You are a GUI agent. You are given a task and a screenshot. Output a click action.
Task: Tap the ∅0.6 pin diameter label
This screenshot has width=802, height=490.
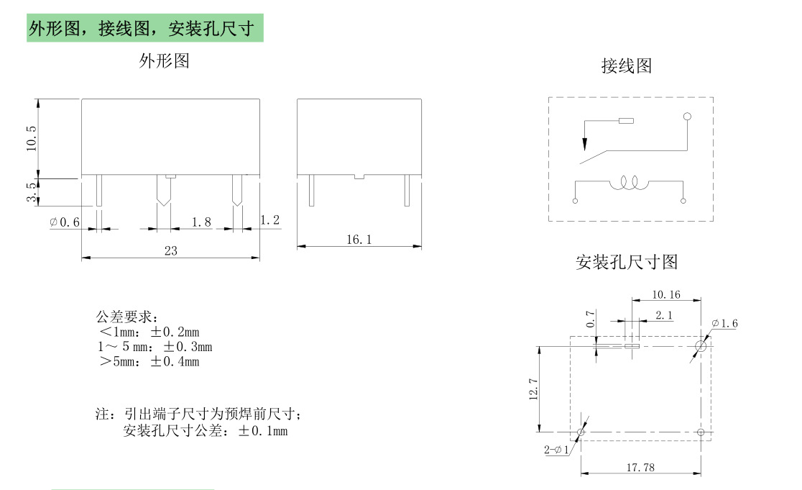[x=65, y=222]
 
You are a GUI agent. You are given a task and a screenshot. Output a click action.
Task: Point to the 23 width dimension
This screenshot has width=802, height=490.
[x=170, y=250]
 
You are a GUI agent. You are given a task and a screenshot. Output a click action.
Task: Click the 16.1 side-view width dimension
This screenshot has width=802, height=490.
[x=359, y=240]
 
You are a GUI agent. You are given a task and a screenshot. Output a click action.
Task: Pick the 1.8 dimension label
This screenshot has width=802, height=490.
[x=202, y=222]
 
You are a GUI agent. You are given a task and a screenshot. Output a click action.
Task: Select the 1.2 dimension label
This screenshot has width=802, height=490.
[x=269, y=220]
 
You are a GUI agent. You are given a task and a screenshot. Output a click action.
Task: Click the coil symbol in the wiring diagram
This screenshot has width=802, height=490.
[x=629, y=184]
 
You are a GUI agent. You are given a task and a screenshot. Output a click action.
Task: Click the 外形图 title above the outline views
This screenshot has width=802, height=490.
[x=164, y=61]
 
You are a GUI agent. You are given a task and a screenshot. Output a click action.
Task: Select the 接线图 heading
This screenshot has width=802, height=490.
[x=627, y=66]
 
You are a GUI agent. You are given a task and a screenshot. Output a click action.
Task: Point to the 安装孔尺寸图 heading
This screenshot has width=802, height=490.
[x=627, y=262]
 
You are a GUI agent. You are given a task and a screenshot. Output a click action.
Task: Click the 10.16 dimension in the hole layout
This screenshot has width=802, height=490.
[x=666, y=295]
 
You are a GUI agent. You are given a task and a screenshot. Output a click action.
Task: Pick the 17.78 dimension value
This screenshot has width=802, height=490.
[x=640, y=468]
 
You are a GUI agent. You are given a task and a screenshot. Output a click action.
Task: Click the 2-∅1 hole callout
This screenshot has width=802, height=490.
[x=557, y=450]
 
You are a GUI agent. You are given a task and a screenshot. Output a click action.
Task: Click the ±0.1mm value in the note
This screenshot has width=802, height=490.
[x=263, y=431]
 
